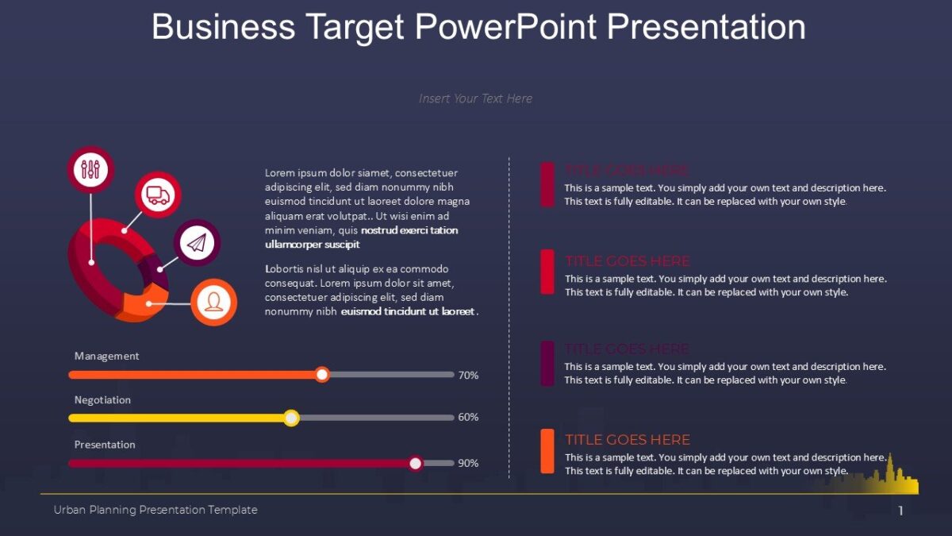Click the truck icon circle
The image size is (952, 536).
pyautogui.click(x=158, y=195)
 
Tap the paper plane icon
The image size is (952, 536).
pyautogui.click(x=197, y=242)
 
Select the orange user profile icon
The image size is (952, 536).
pyautogui.click(x=213, y=302)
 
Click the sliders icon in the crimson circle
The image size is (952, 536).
pyautogui.click(x=90, y=169)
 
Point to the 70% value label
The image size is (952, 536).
pyautogui.click(x=468, y=375)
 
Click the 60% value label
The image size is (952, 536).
pyautogui.click(x=468, y=417)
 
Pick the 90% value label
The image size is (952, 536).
pyautogui.click(x=468, y=463)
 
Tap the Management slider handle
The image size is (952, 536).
pyautogui.click(x=322, y=374)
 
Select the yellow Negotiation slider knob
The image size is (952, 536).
pyautogui.click(x=291, y=418)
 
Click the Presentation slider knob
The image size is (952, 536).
pyautogui.click(x=415, y=463)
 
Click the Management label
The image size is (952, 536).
pyautogui.click(x=106, y=356)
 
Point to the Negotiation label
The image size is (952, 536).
pyautogui.click(x=102, y=400)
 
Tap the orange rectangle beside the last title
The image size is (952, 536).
pyautogui.click(x=547, y=451)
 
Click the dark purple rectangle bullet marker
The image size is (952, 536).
pyautogui.click(x=547, y=363)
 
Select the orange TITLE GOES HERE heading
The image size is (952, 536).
pyautogui.click(x=628, y=439)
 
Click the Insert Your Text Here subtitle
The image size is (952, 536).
pyautogui.click(x=475, y=98)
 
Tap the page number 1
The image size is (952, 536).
pyautogui.click(x=900, y=511)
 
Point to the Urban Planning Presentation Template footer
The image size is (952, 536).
pyautogui.click(x=155, y=510)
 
